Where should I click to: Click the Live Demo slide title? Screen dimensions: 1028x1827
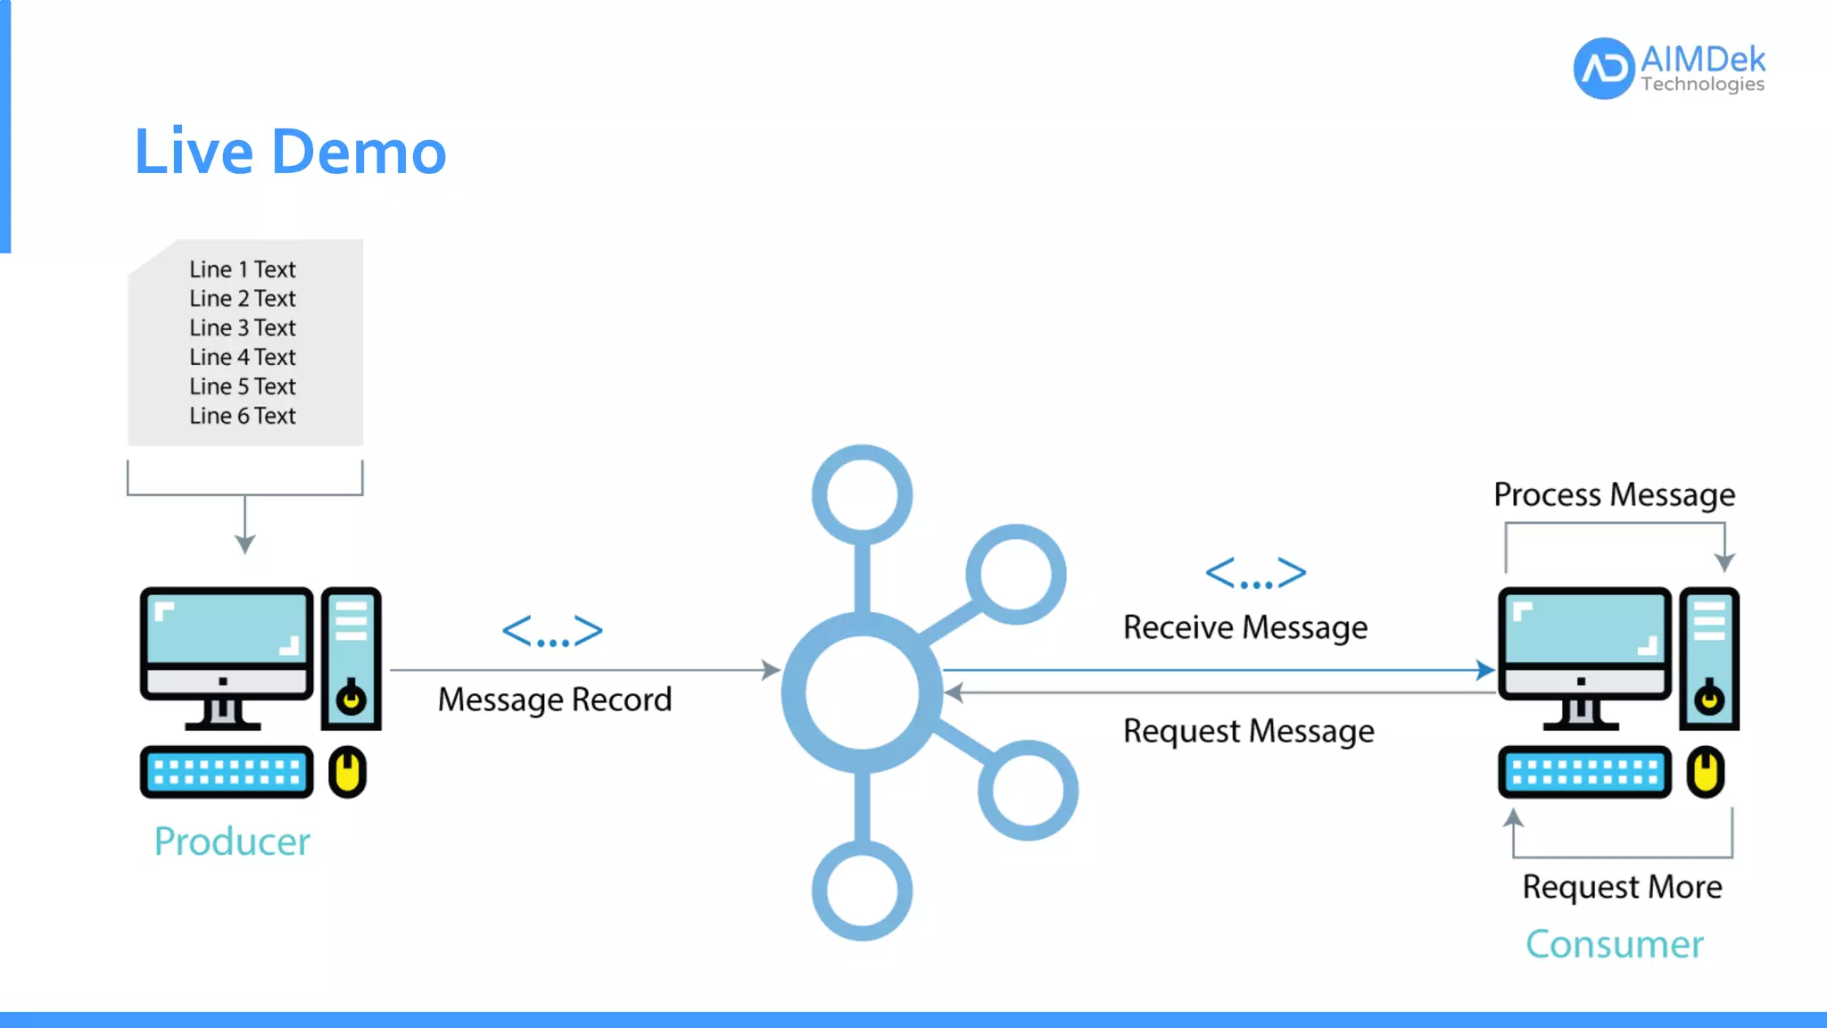[290, 152]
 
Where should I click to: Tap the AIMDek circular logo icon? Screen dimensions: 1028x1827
[1604, 69]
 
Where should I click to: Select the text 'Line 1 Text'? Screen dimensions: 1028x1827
[243, 269]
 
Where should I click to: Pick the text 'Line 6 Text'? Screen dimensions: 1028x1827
[243, 416]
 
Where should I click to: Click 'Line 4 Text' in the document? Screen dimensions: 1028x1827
[243, 357]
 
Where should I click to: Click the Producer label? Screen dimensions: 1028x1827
[232, 841]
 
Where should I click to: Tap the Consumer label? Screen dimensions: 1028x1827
[1614, 944]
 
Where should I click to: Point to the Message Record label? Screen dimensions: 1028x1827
[554, 700]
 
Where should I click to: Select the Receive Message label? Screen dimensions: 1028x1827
[1244, 627]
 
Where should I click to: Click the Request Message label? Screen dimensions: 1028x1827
[1248, 731]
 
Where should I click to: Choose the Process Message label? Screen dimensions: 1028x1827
[1614, 494]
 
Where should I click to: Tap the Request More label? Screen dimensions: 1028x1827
[1622, 887]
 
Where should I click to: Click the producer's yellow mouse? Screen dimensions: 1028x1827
[348, 772]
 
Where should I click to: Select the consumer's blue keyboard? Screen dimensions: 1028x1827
[1584, 772]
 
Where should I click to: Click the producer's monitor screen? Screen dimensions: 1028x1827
[227, 629]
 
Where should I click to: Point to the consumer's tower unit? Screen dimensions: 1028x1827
[1709, 658]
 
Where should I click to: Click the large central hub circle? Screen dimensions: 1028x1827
[862, 692]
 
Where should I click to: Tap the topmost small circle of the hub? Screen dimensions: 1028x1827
[862, 494]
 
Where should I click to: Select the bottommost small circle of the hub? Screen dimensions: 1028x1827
[862, 891]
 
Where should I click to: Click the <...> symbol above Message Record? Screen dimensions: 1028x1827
[553, 632]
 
